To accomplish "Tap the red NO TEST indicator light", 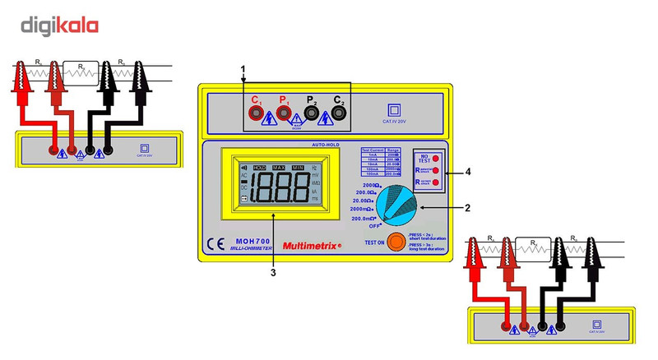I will pos(435,157).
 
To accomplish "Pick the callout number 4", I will pos(467,172).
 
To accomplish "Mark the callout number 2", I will pos(467,207).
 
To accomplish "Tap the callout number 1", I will pos(243,67).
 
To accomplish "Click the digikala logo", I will pos(59,25).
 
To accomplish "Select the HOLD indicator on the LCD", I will pos(260,167).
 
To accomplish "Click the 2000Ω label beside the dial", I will pos(371,186).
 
